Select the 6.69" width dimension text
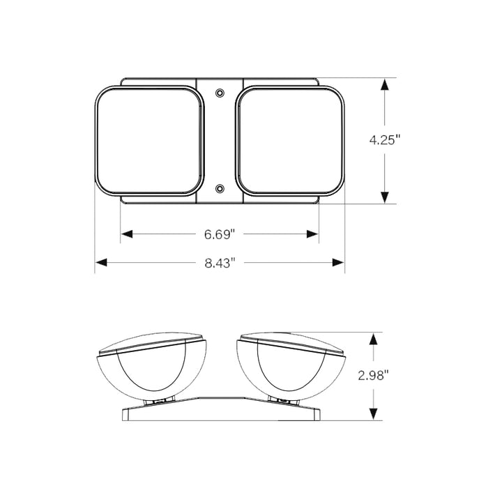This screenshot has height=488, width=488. point(219,234)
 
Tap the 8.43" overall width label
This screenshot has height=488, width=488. point(220,263)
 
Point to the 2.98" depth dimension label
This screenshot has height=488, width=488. point(374,376)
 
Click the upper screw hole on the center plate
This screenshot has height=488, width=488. point(220,93)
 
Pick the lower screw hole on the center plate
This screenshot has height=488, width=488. point(220,188)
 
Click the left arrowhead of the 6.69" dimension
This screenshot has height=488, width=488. point(127,234)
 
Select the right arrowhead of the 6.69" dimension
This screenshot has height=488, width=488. point(312,234)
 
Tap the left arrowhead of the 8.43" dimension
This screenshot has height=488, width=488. point(101,263)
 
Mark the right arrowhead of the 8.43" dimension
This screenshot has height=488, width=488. point(338,263)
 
